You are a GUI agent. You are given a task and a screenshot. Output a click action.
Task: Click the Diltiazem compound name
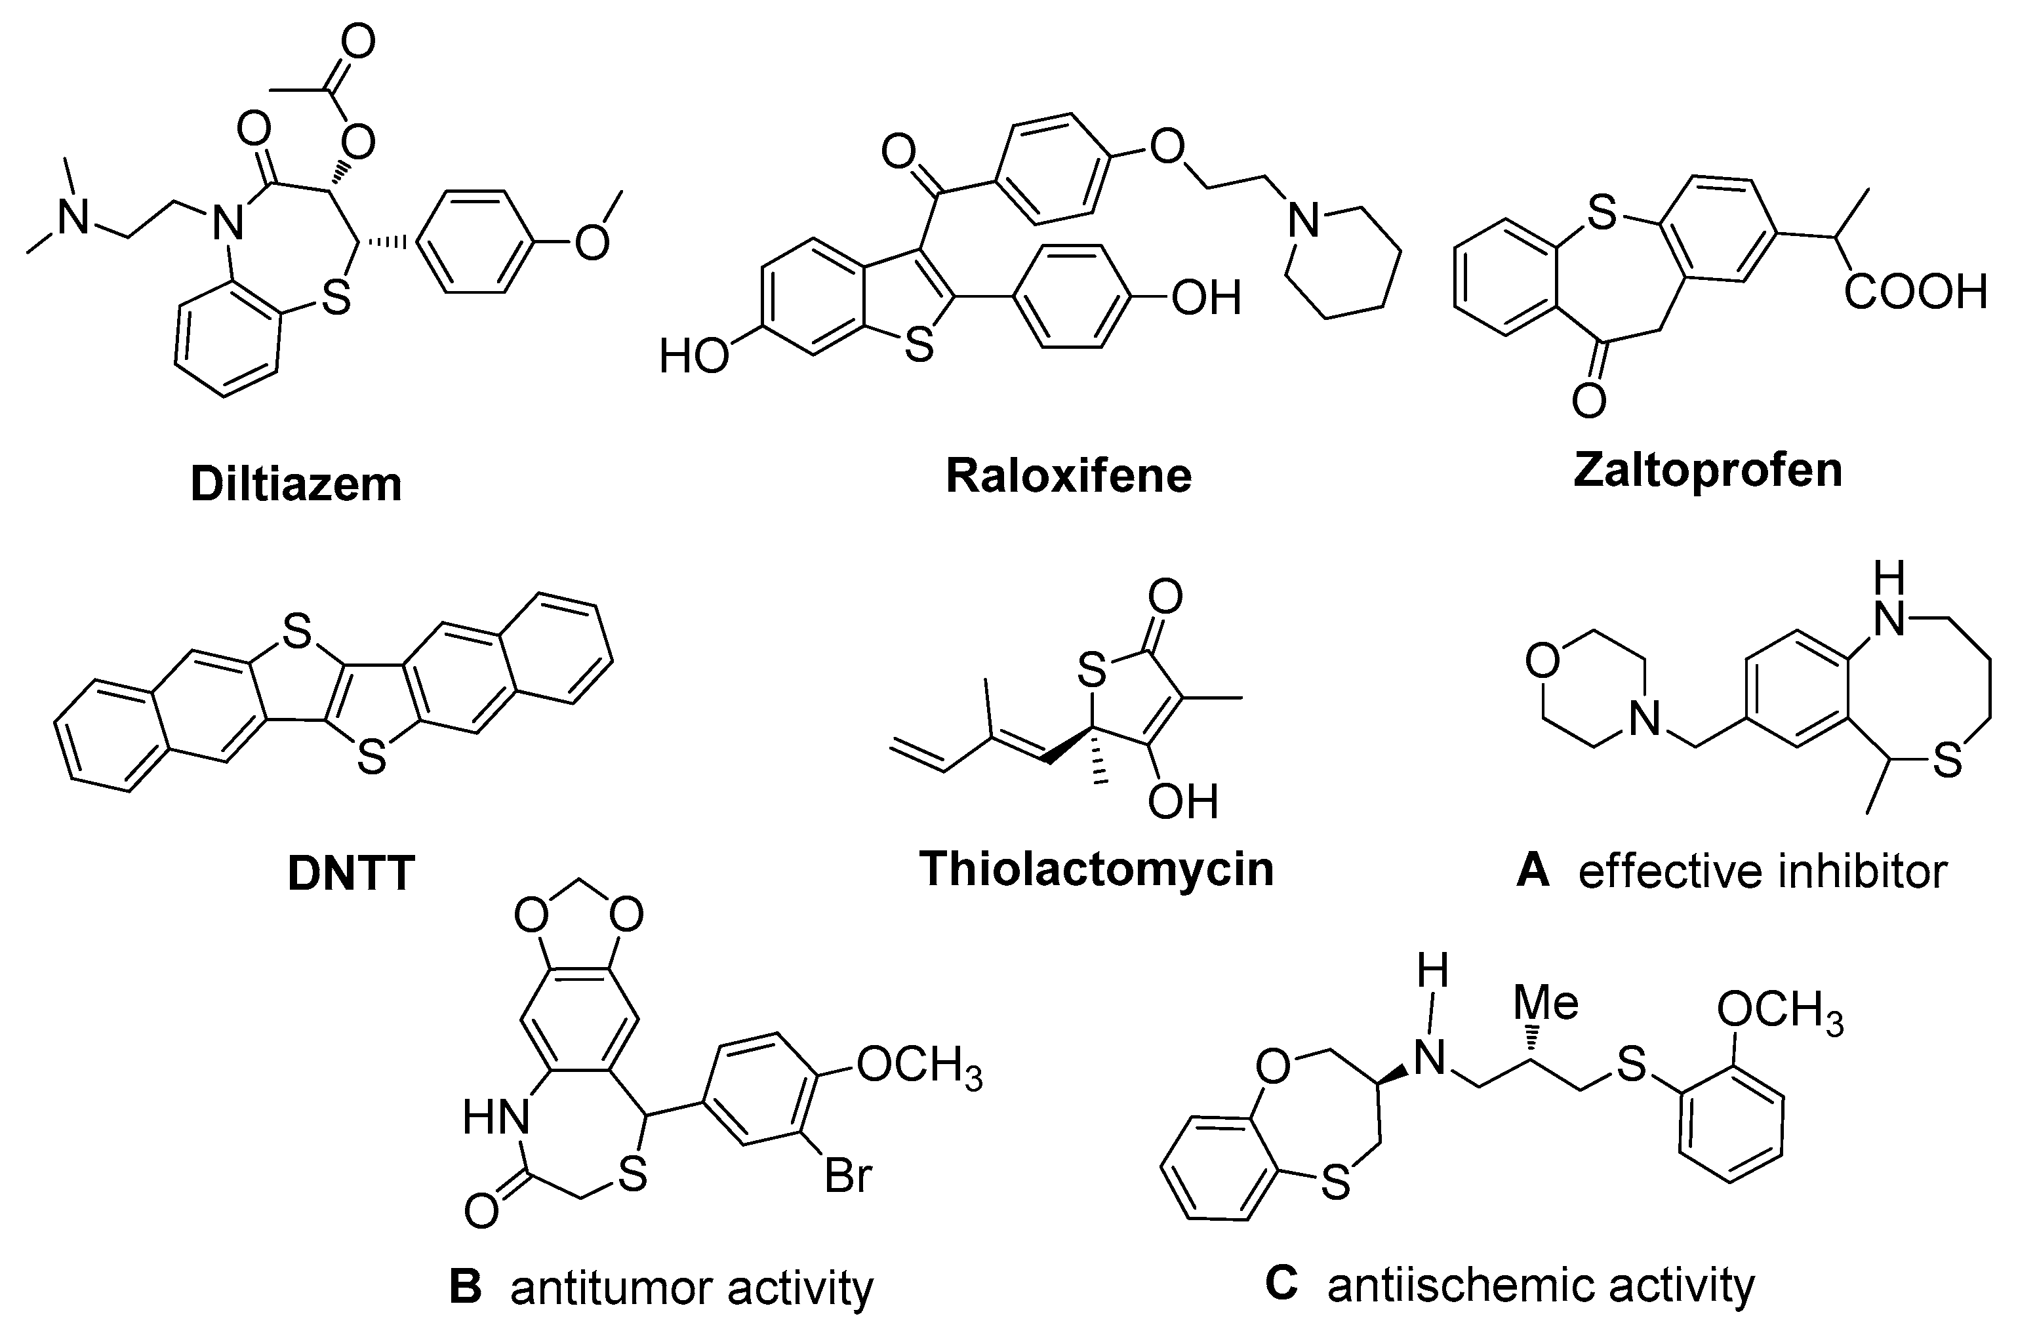[x=296, y=485]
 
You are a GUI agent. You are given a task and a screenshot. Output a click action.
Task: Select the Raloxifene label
[x=1068, y=476]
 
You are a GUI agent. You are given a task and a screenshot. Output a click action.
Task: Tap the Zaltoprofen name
[x=1708, y=471]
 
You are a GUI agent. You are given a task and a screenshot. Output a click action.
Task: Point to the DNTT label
[x=352, y=873]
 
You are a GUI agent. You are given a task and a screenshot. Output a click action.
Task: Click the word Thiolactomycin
[x=1097, y=869]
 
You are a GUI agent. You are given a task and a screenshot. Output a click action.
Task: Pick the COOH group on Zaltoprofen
[x=1914, y=292]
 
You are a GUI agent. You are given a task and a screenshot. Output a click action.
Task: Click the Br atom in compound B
[x=847, y=1176]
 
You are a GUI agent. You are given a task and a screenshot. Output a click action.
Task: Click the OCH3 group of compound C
[x=1779, y=1013]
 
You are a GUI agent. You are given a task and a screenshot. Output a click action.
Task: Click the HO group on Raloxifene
[x=693, y=356]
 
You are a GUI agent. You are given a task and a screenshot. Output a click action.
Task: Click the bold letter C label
[x=1281, y=1285]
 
